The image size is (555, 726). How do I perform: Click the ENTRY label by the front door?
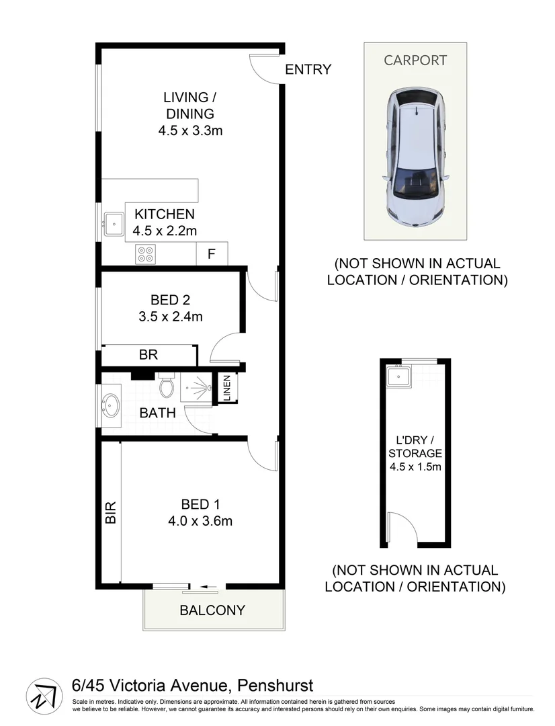(x=308, y=69)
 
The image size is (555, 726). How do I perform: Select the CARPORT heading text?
(x=415, y=60)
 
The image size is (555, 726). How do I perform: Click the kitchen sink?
(x=113, y=223)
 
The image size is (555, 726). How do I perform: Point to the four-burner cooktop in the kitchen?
(x=146, y=254)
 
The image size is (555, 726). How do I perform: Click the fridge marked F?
(x=211, y=254)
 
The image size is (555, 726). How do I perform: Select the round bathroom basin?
(x=110, y=405)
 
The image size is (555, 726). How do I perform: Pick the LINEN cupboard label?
(x=226, y=389)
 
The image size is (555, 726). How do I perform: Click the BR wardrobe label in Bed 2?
(x=148, y=354)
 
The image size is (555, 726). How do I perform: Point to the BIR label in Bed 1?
(x=111, y=513)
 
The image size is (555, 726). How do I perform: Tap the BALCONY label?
(x=212, y=610)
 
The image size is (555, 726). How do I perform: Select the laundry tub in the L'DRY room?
(x=400, y=377)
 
